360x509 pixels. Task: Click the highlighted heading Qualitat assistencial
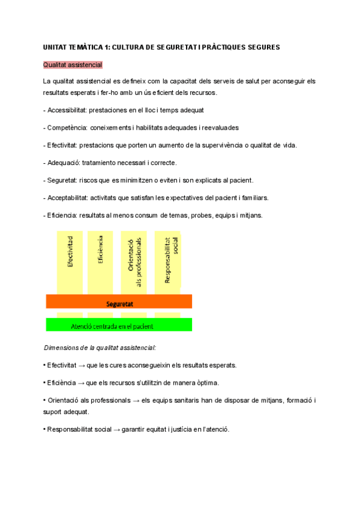point(73,64)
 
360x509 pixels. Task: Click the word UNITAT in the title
point(56,47)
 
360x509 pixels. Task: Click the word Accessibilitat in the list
point(68,110)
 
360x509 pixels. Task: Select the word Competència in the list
point(67,128)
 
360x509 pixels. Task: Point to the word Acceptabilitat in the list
point(68,197)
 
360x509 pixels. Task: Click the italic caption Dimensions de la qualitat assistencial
point(100,348)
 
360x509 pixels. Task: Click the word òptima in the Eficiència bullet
point(205,382)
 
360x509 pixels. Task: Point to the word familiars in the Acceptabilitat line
point(253,197)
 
